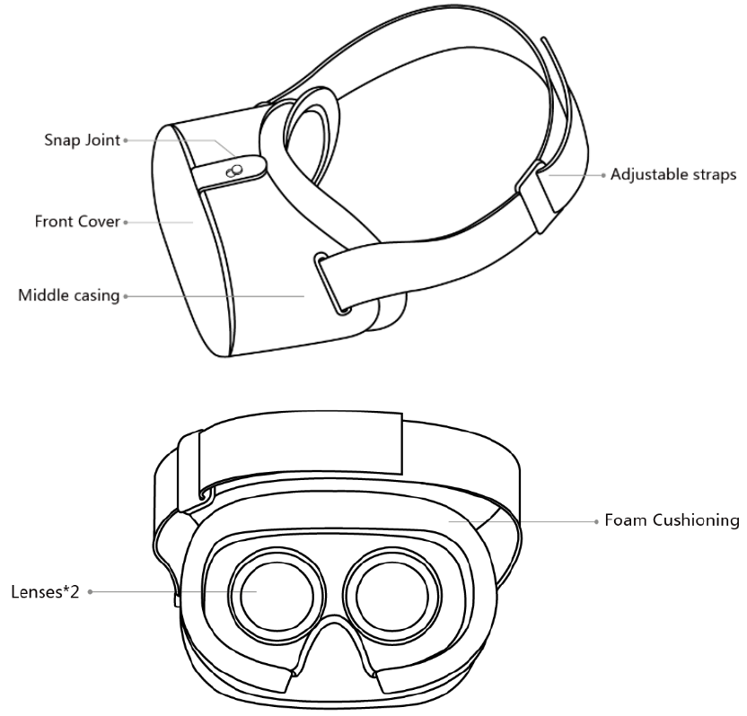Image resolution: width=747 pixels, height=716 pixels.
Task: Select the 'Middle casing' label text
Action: click(x=70, y=294)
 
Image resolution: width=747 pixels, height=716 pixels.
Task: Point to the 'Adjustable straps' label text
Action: click(x=673, y=175)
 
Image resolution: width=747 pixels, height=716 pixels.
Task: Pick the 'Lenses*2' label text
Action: click(x=44, y=592)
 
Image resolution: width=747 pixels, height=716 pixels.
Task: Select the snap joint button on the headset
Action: click(x=236, y=169)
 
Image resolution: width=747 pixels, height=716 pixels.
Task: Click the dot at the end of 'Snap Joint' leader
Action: click(x=126, y=140)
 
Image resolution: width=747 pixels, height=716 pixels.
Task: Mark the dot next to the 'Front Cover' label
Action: click(x=126, y=221)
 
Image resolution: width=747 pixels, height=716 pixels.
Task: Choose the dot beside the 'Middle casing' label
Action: click(x=126, y=294)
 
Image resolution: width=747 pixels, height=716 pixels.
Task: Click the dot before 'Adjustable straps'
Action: click(x=603, y=175)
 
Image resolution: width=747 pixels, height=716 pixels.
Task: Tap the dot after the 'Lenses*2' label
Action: click(x=90, y=592)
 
